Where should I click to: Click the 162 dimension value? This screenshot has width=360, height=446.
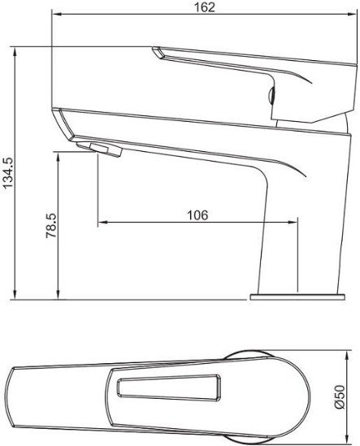tap(204, 7)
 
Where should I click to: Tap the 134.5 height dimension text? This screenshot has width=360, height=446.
tap(7, 173)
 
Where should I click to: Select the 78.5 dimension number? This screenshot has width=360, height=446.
tap(51, 226)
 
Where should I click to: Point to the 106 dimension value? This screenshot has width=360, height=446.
tap(197, 215)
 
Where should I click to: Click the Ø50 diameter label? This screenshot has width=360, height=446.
tap(340, 396)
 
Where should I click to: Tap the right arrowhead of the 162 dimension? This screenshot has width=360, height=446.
tap(353, 15)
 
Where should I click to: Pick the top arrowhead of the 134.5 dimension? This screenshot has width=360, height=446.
tap(15, 51)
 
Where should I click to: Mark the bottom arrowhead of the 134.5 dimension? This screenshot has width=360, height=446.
tap(15, 295)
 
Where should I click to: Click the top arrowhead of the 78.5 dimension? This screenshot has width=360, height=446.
tap(58, 157)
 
